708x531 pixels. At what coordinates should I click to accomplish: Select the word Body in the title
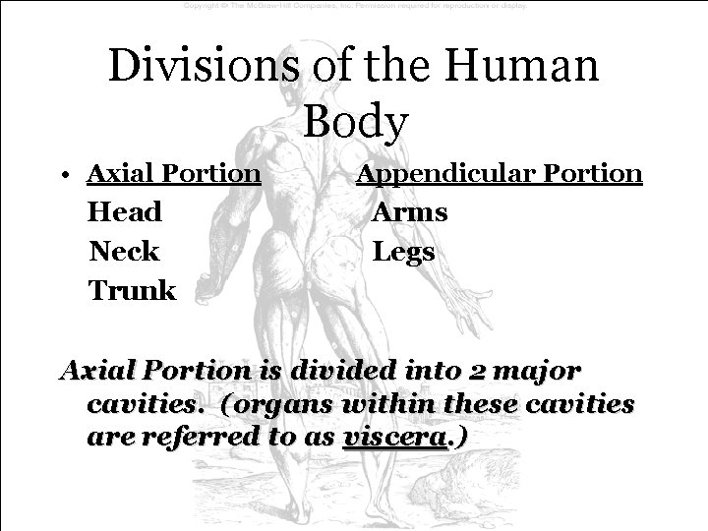click(x=355, y=122)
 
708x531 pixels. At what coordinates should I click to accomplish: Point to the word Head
click(x=125, y=212)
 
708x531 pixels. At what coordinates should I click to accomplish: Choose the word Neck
click(x=124, y=252)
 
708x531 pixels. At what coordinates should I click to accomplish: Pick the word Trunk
click(x=133, y=291)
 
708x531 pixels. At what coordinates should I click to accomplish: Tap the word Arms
click(x=410, y=212)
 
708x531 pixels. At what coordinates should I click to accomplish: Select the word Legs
click(x=404, y=252)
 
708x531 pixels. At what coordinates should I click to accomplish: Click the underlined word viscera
click(x=391, y=436)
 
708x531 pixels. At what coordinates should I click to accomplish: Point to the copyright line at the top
click(x=355, y=6)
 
